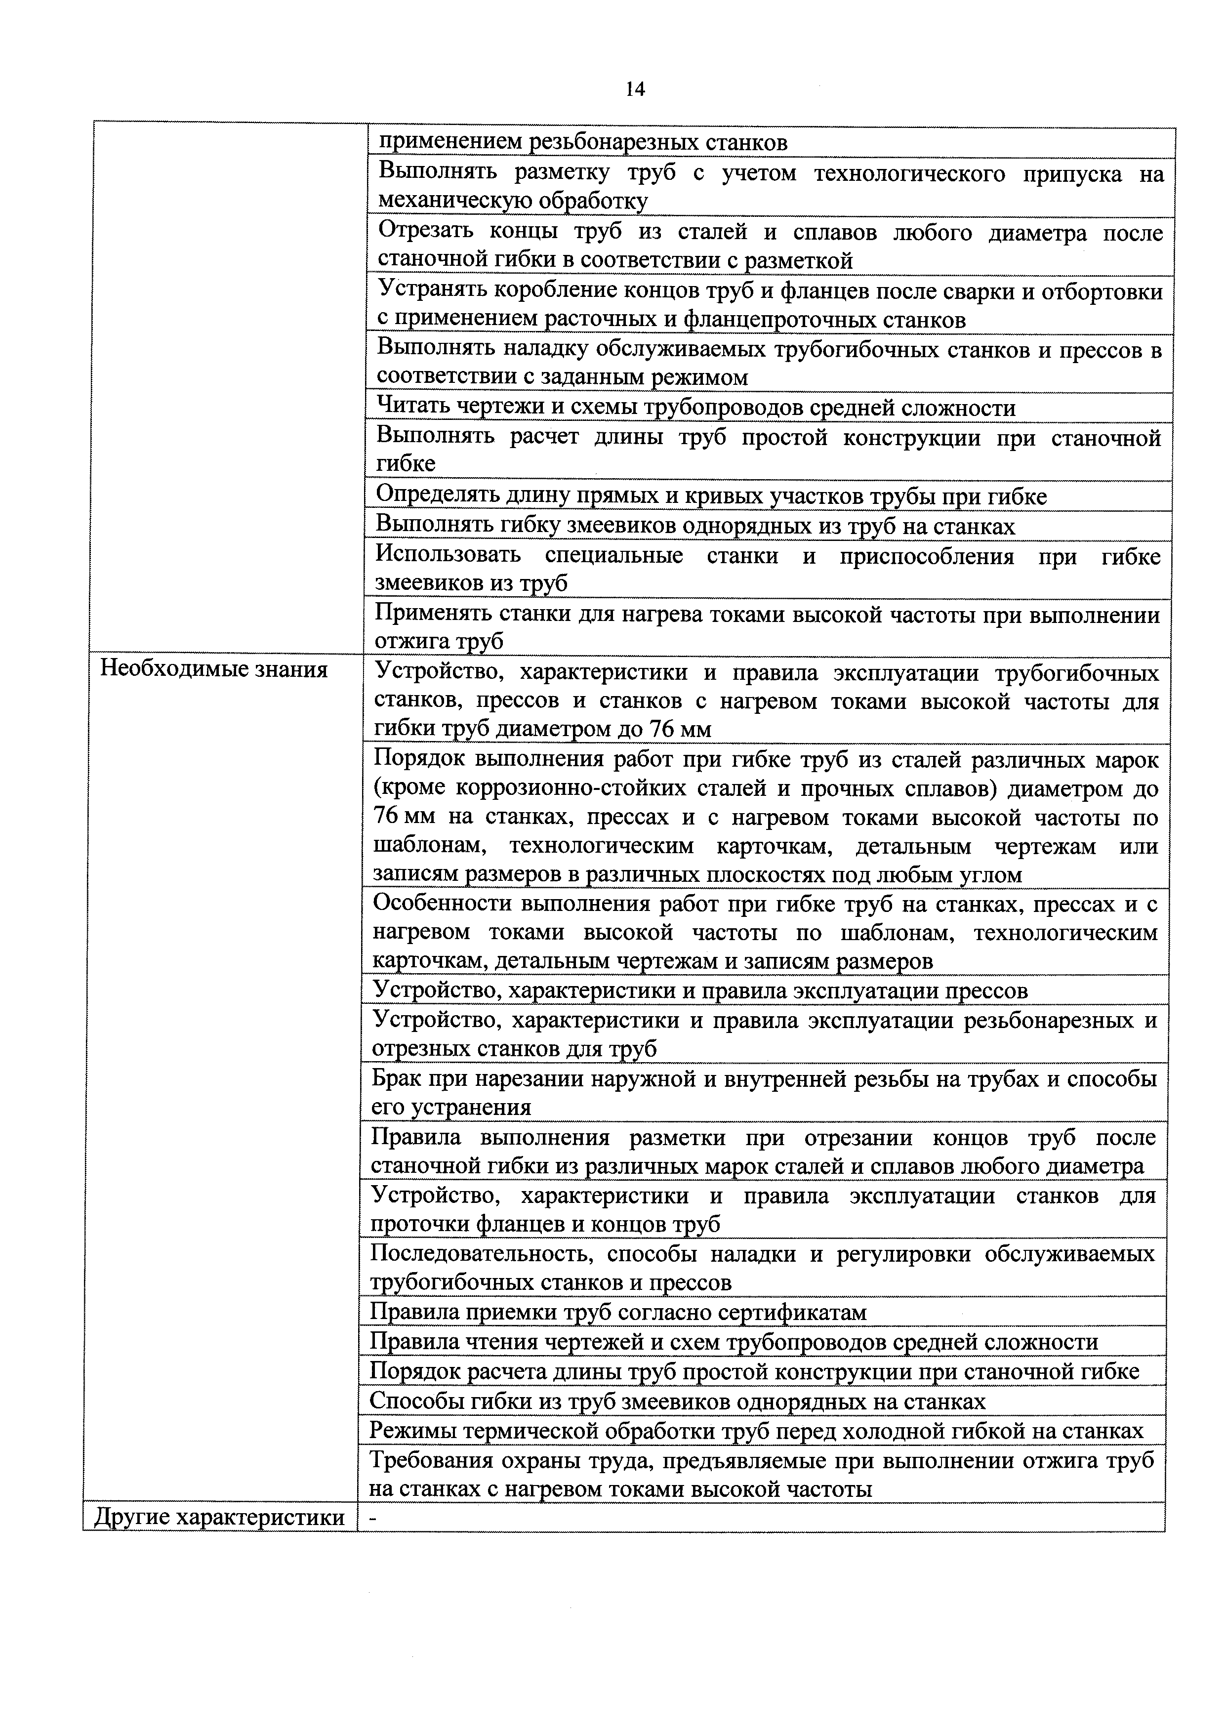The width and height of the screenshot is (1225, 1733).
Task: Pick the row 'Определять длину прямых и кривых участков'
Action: tap(710, 496)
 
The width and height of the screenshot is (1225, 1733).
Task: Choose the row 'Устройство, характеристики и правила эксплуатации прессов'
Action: tap(699, 990)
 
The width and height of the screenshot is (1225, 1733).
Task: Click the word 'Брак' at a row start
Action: tap(397, 1079)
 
